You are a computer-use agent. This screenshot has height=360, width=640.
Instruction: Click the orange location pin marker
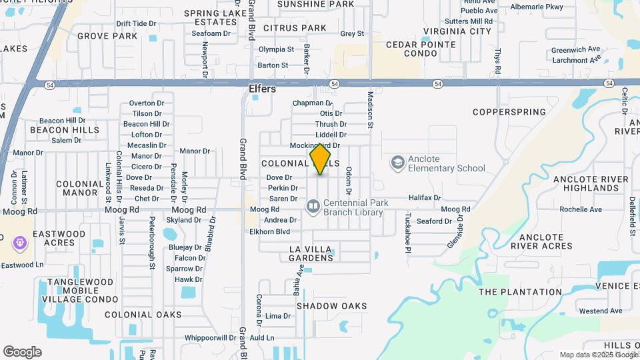pos(321,159)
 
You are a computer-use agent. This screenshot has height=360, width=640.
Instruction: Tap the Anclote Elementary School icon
pos(398,163)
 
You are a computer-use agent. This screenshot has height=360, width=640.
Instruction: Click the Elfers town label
pos(262,89)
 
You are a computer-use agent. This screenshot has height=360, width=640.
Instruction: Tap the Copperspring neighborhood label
pos(509,111)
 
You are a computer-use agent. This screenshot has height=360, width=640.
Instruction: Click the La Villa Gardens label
pos(311,253)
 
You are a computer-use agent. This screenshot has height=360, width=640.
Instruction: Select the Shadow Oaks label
pos(331,306)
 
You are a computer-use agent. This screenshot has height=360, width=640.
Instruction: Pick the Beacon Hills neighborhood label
pos(74,130)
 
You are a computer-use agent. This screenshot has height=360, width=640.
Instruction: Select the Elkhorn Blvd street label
pos(269,231)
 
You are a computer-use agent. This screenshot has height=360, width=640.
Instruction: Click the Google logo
pos(22,352)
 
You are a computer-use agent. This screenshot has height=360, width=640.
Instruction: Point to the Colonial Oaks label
pos(143,315)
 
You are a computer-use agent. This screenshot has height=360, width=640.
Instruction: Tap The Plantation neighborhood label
pos(520,292)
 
